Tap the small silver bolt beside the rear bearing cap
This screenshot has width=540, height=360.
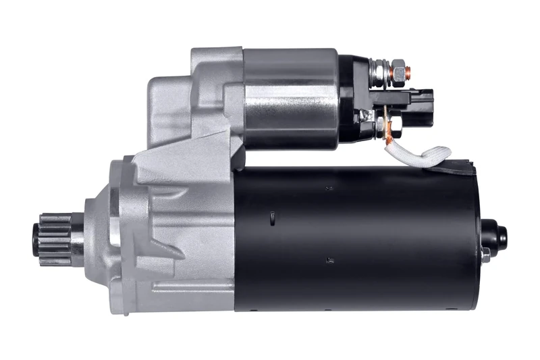[x=485, y=255]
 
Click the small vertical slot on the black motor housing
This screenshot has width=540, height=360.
[x=271, y=217]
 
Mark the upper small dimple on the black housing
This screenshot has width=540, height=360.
[x=328, y=187]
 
